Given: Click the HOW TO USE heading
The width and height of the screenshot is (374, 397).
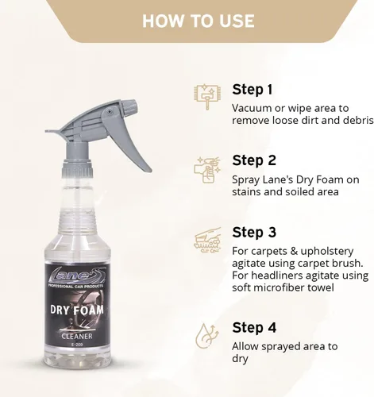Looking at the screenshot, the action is (199, 21).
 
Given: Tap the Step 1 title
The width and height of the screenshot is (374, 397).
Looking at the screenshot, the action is (253, 90).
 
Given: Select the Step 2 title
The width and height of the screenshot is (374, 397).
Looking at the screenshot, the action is (254, 160).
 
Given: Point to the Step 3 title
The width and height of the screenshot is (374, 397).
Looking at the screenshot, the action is (254, 233).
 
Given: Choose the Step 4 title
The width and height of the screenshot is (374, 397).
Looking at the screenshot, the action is (254, 328).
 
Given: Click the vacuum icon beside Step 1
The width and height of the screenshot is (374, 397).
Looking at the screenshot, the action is (206, 96).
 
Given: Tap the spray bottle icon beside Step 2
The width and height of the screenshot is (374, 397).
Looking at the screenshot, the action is (206, 169).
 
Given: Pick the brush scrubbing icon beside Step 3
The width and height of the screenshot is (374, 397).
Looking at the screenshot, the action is (208, 240).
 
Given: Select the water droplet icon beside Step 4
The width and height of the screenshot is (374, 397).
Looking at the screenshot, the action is (207, 336).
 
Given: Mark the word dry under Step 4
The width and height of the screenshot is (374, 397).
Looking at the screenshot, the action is (240, 360).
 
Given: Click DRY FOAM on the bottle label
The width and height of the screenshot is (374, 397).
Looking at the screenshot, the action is (77, 310).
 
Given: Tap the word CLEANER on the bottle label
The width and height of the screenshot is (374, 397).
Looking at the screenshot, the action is (77, 337).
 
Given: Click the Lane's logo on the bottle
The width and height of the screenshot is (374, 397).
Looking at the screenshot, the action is (77, 275).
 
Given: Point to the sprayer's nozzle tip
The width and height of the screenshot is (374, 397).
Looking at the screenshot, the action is (133, 107).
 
